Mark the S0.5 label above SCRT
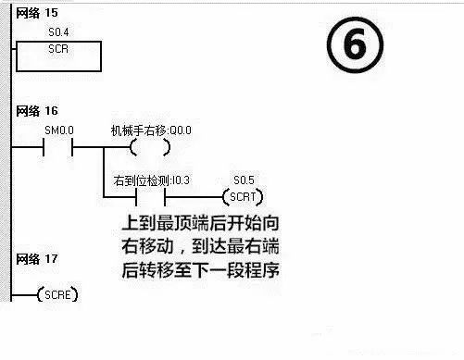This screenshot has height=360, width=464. [x=243, y=180]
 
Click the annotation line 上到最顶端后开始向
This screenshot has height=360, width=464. [x=207, y=224]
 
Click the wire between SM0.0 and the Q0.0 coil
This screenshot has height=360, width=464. [x=100, y=148]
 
